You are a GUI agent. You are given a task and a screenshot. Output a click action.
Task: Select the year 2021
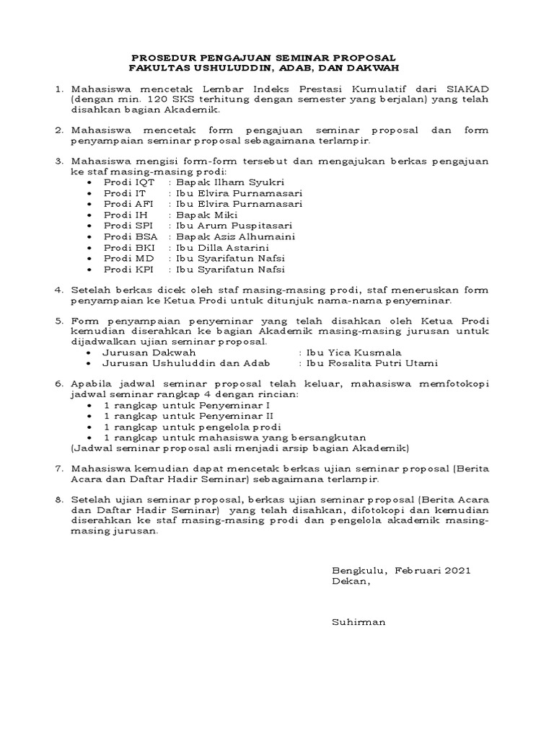(458, 570)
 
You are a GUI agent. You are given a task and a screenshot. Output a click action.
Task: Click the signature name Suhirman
(359, 621)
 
